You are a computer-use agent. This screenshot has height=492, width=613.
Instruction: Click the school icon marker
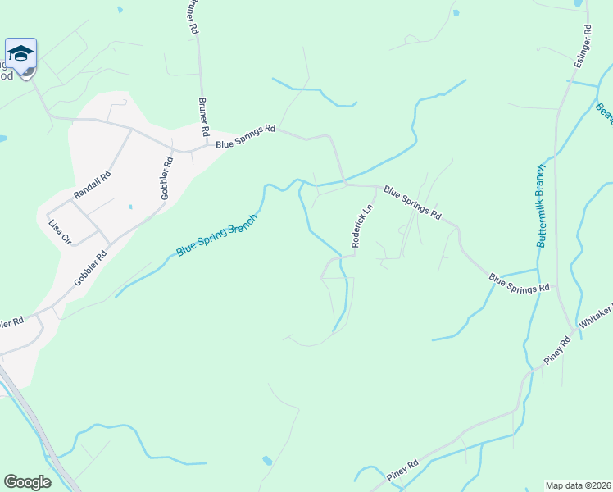[x=20, y=55]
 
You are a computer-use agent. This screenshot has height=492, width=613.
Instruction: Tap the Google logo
[x=27, y=482]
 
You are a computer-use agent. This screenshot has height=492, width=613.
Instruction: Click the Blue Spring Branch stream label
[x=217, y=236]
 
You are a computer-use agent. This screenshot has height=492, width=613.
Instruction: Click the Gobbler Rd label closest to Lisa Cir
[x=90, y=267]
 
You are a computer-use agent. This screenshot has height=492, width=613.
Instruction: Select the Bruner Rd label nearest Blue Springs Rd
[x=203, y=118]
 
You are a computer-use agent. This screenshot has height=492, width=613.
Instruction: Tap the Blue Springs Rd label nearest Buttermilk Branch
[x=519, y=284]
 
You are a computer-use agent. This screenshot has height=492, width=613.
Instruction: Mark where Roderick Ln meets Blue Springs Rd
[x=376, y=187]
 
